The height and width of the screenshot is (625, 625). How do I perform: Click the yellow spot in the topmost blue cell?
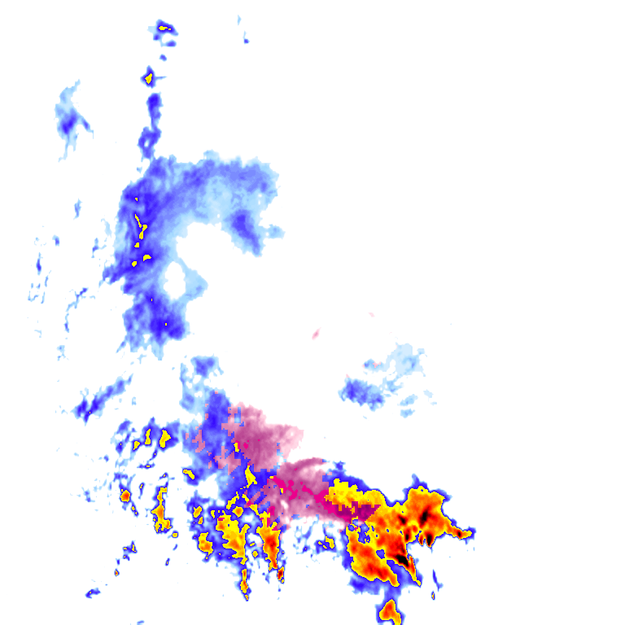[x=165, y=28]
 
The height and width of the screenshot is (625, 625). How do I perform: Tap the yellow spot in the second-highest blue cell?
[x=148, y=79]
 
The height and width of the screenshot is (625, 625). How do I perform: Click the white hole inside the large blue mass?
[x=175, y=278]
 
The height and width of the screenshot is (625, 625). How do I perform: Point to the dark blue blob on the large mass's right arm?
[x=245, y=225]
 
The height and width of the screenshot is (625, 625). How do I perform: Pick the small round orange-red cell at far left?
[x=125, y=495]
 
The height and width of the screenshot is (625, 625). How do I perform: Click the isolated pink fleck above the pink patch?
[x=316, y=333]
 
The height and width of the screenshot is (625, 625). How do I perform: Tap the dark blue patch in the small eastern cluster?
[x=363, y=394]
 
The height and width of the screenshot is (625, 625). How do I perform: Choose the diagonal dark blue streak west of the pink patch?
[x=103, y=398]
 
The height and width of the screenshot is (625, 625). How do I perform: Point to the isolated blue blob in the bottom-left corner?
[x=93, y=592]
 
